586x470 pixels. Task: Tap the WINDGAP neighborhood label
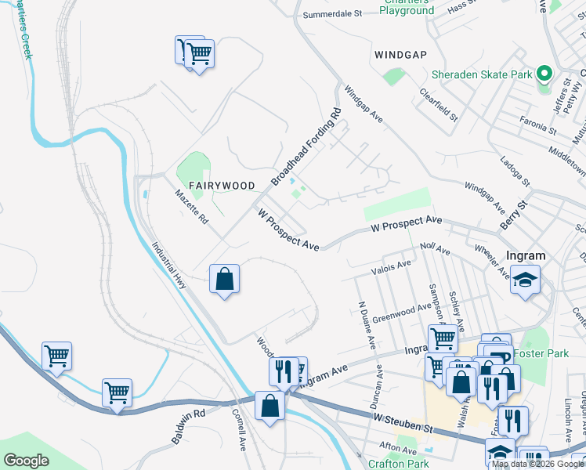[402, 55]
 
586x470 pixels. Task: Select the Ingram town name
[526, 256]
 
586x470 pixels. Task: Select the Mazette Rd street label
[191, 208]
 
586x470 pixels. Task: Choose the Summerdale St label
[332, 14]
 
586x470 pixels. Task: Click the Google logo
[26, 461]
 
